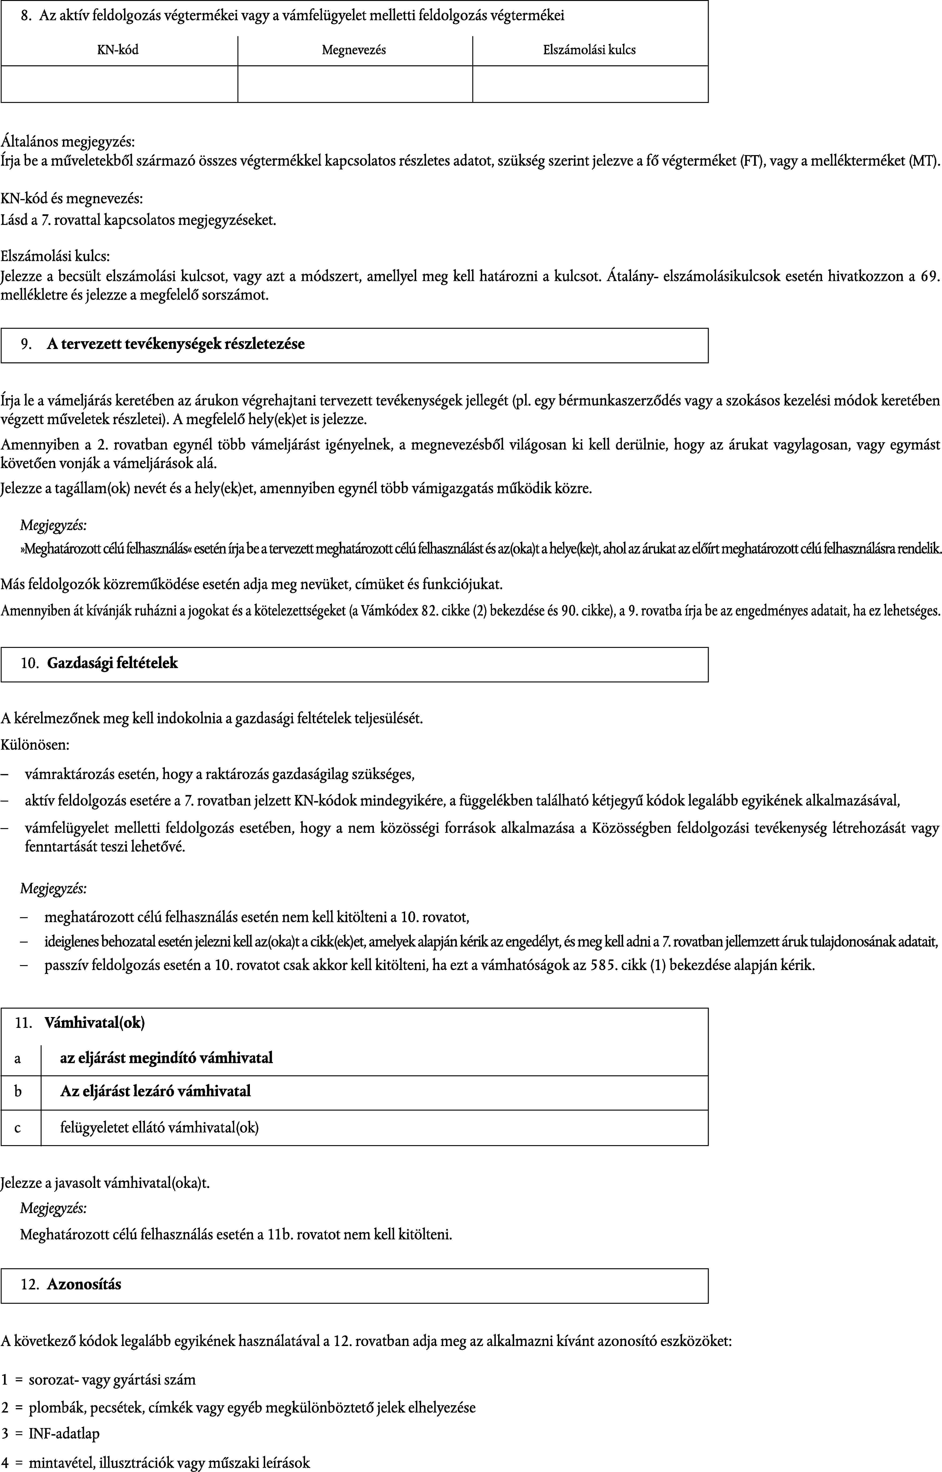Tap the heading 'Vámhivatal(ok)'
pos(95,1023)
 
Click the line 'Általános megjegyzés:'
pos(68,142)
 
